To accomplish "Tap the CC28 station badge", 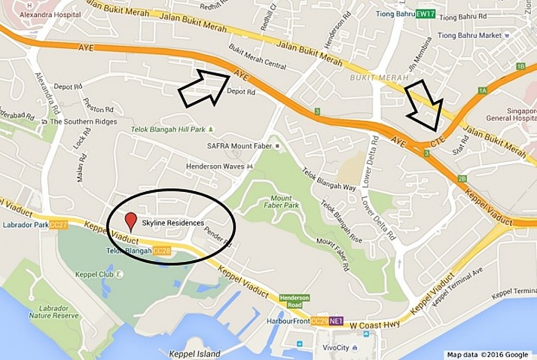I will point(162,251).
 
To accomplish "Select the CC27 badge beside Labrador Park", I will point(59,225).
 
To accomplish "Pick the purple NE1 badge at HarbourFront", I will point(336,321).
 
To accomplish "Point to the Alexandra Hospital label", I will point(50,15).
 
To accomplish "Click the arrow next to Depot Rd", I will point(203,88).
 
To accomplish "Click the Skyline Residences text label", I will point(173,223).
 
